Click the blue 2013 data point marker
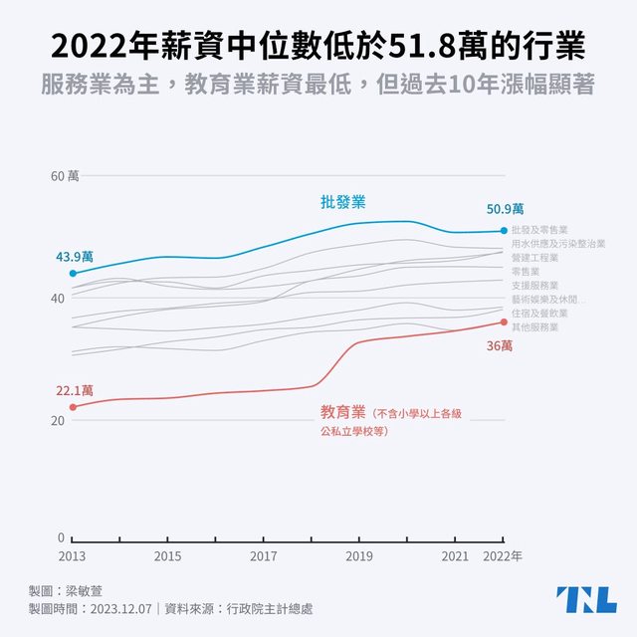click(x=73, y=273)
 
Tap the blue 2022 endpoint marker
click(x=504, y=231)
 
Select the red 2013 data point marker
click(x=73, y=407)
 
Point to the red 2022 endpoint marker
click(x=504, y=322)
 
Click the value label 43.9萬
click(x=75, y=257)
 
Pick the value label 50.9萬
click(x=505, y=209)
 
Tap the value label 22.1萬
click(x=75, y=390)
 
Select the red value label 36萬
click(x=499, y=345)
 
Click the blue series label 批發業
click(x=343, y=202)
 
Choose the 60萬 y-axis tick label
click(x=65, y=176)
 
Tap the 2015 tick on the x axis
click(x=167, y=556)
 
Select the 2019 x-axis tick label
click(x=359, y=556)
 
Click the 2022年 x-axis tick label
click(x=502, y=556)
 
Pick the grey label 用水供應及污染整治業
click(x=557, y=243)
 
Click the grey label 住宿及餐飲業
click(x=539, y=313)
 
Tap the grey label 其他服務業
click(x=534, y=326)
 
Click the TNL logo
click(x=586, y=599)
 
